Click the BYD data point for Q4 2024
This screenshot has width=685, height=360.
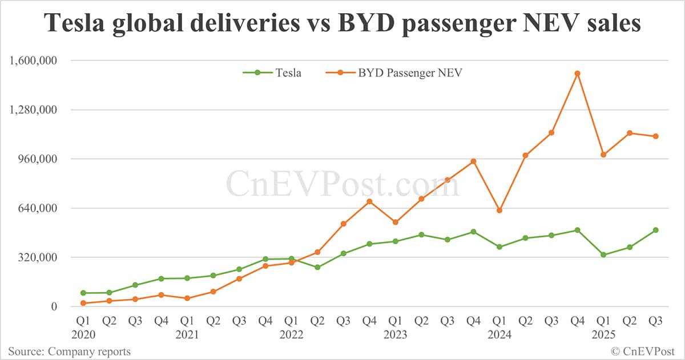tap(578, 74)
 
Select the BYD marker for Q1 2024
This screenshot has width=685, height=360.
tap(499, 211)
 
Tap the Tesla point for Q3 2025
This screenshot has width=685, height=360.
tap(656, 230)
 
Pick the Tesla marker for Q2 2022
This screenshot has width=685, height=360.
tap(317, 267)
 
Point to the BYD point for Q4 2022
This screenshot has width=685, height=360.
tap(369, 201)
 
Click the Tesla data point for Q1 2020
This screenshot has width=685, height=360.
tap(83, 293)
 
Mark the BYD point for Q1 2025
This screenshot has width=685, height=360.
tap(603, 155)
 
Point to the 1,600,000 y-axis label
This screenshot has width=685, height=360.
tap(35, 60)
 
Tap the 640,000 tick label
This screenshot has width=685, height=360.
tap(41, 208)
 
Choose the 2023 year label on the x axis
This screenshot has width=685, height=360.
tap(396, 334)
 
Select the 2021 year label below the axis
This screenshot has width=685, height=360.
tap(187, 334)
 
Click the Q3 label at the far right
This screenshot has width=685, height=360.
tap(656, 321)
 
